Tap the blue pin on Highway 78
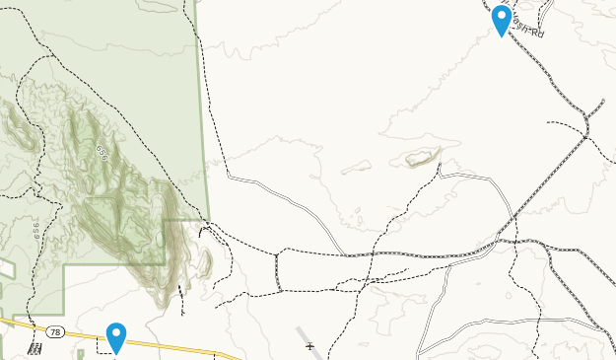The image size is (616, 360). [116, 337]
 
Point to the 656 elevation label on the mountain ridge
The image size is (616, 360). [102, 152]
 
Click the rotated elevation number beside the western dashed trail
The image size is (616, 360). [35, 233]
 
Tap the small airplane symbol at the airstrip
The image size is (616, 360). [309, 346]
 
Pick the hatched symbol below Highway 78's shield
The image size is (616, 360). [35, 349]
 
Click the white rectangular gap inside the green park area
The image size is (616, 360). [6, 268]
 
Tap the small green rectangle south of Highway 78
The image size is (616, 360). [81, 351]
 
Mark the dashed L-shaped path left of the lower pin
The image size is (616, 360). [102, 342]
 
